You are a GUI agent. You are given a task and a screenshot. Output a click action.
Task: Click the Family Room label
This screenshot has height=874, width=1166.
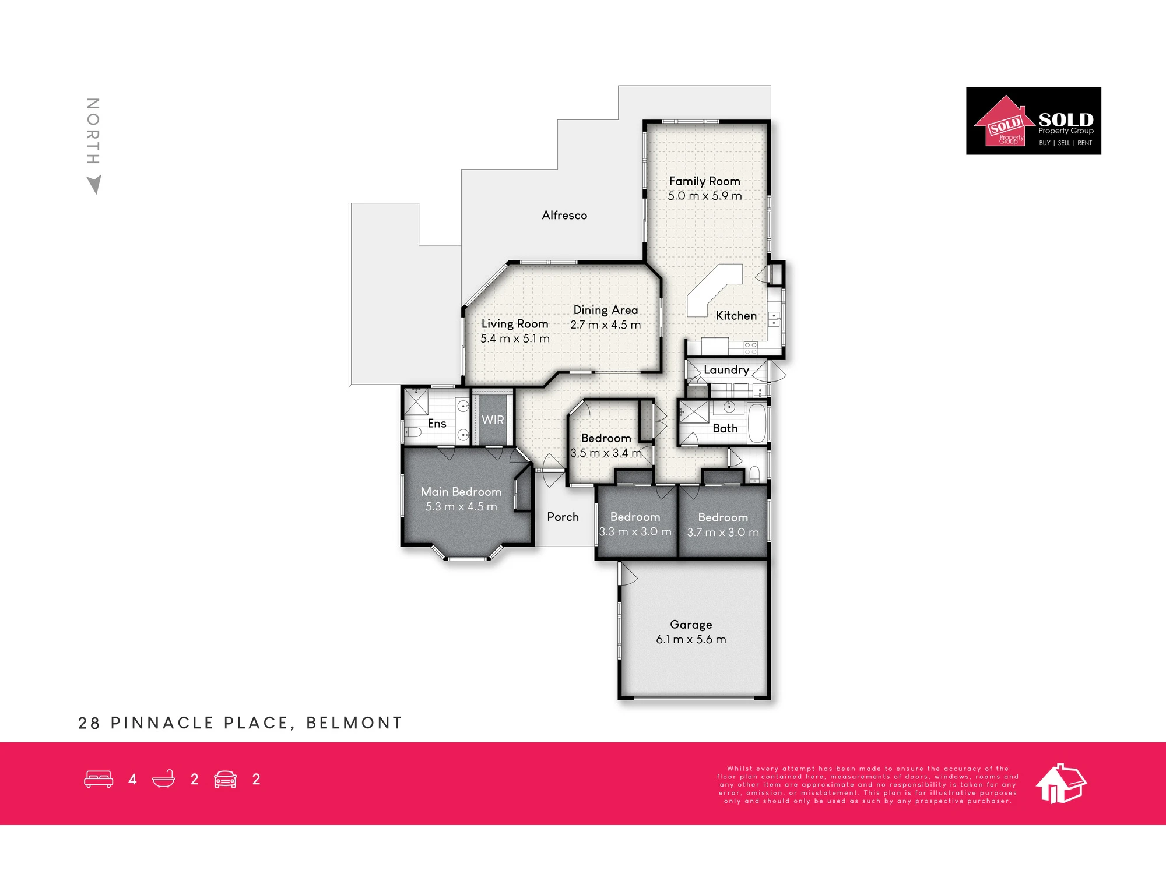point(704,181)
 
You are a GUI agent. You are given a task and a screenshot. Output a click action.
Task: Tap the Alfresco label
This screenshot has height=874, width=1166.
point(564,215)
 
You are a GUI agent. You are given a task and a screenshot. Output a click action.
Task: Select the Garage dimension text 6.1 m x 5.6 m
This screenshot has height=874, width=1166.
point(691,639)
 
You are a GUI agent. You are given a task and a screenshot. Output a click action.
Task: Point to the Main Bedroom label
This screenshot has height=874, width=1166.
point(461,492)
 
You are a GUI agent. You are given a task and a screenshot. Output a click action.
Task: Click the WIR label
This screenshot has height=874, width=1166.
point(493,420)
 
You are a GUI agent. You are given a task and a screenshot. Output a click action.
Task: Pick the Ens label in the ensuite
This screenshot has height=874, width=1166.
point(437,424)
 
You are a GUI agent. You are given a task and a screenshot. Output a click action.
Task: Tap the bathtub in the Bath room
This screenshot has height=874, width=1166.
point(757,423)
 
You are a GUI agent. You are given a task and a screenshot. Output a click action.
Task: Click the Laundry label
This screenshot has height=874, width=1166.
point(726,370)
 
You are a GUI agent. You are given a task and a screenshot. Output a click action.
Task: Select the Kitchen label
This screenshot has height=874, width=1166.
point(736,316)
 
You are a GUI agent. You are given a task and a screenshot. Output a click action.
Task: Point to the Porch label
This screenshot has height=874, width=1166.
point(563,517)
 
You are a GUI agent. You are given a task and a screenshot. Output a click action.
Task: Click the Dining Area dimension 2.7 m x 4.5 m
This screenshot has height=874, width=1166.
point(605,325)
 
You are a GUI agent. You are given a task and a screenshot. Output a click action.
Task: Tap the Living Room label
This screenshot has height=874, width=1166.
point(514,324)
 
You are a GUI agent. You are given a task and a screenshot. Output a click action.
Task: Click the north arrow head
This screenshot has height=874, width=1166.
point(94,184)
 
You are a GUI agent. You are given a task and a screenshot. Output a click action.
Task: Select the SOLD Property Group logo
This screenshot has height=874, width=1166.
point(1034,121)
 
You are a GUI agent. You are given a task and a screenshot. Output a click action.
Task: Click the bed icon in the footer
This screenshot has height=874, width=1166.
point(99,779)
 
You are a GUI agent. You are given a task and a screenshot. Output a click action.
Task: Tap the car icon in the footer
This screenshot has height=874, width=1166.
point(225,779)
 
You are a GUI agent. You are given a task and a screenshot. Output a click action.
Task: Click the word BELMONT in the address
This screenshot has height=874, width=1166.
point(354,723)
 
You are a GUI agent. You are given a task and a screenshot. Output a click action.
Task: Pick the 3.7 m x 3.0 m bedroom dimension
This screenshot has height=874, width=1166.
point(723,533)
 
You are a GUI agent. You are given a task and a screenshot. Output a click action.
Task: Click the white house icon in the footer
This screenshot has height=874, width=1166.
point(1061,784)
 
